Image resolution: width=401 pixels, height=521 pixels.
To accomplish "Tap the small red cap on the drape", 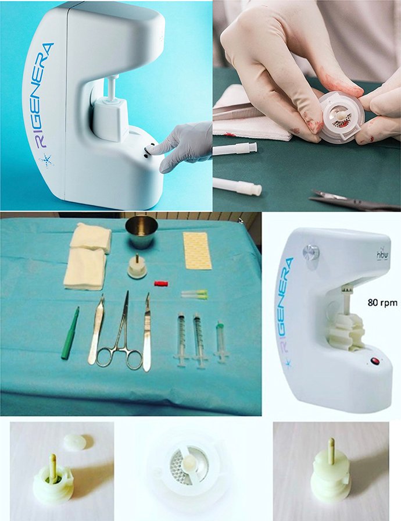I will click(x=160, y=283).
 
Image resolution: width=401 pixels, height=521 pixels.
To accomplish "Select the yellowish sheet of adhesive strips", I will click(x=198, y=250).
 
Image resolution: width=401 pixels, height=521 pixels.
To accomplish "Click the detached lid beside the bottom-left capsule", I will click(x=75, y=442).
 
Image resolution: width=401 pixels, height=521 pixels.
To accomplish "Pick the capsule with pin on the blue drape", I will click(x=137, y=267).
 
